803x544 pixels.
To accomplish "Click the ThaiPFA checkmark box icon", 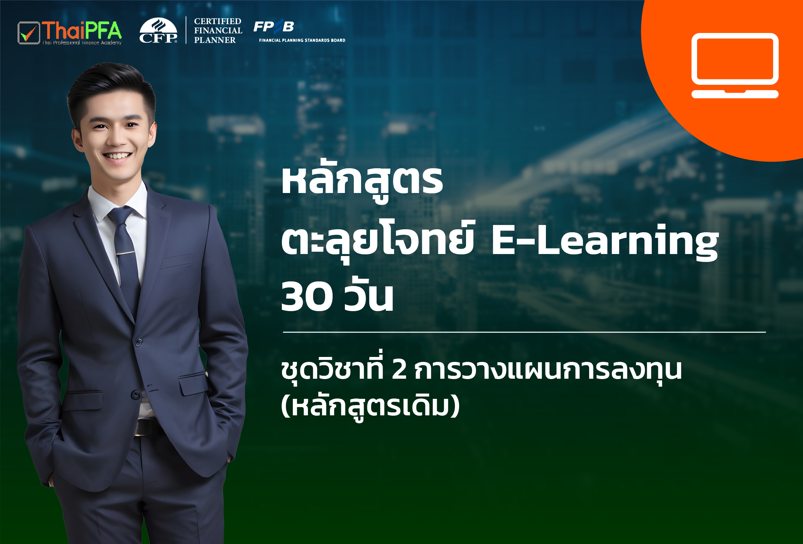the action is tap(29, 33).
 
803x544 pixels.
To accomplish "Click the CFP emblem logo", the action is tap(158, 30).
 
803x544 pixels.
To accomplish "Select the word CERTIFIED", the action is tap(218, 21).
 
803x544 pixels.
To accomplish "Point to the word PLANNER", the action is tap(215, 40).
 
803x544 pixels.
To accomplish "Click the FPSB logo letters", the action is tap(274, 26).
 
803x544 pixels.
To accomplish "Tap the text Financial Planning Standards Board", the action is tap(302, 40).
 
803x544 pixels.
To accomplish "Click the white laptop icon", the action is tap(735, 66).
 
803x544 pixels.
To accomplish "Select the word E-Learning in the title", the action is tap(605, 241).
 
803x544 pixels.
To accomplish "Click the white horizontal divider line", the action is tap(524, 332).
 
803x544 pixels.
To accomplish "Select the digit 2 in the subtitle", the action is tap(399, 370).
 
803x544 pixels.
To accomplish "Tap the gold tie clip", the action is tap(126, 253).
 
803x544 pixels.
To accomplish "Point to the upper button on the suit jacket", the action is tap(139, 342).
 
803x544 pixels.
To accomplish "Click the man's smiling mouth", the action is tap(117, 156).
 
